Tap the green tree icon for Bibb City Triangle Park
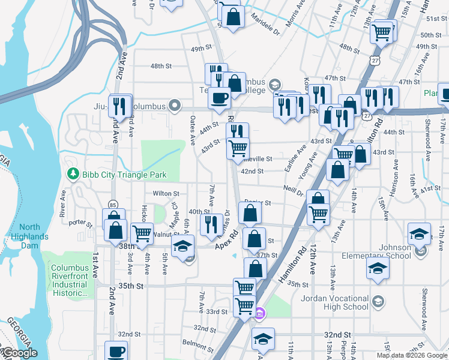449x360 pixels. coord(73,175)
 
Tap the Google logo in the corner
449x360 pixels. coord(19,353)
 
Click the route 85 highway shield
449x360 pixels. coord(112,205)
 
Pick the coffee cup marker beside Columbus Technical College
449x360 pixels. coord(219,98)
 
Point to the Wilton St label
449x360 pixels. coord(166,194)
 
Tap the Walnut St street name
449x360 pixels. coord(166,235)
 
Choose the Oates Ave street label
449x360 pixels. coord(193,131)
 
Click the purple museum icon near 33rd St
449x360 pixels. coord(259,313)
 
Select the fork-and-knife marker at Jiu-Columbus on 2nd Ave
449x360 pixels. coord(121,106)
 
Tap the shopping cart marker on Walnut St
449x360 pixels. coord(142,233)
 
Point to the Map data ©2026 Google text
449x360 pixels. coord(412,355)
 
